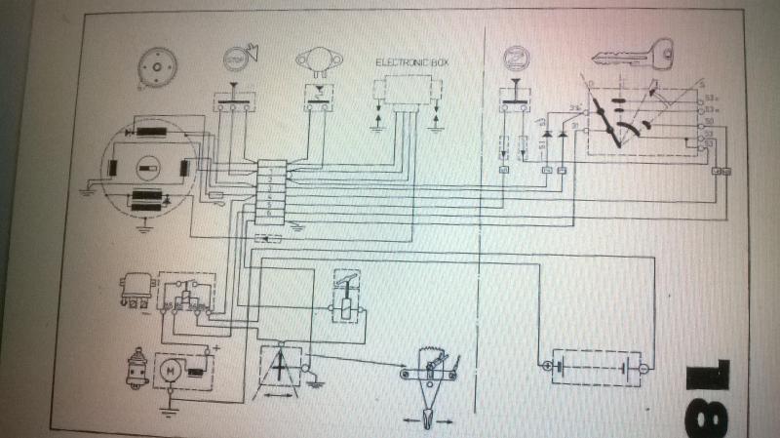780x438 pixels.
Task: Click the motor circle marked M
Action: (x=171, y=369)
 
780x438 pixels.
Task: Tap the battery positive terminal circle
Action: (x=543, y=367)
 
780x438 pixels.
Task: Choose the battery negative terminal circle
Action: (x=642, y=367)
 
